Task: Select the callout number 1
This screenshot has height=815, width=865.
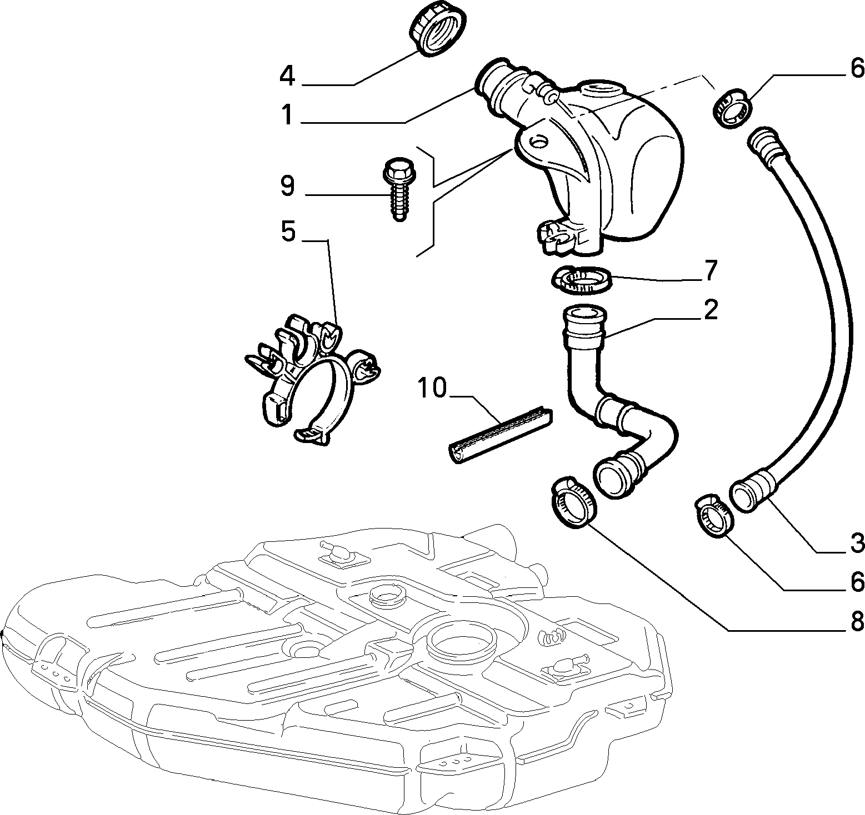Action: point(287,116)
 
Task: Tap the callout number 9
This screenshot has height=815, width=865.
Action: point(287,186)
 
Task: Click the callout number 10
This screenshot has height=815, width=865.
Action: point(432,388)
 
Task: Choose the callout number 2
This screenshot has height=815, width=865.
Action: point(710,310)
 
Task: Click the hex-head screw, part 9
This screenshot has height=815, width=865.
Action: point(396,189)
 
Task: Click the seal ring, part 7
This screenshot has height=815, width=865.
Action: point(581,280)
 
